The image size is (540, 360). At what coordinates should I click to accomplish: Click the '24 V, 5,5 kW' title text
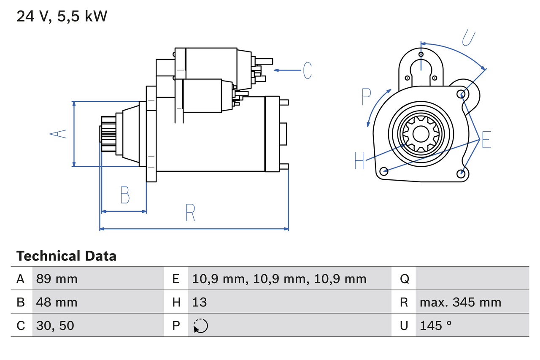[62, 16]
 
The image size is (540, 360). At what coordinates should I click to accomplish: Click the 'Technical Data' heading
[66, 256]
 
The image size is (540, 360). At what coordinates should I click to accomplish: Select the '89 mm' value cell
[57, 279]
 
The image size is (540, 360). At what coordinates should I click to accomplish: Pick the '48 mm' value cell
[57, 302]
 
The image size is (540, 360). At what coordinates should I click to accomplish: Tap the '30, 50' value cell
[55, 325]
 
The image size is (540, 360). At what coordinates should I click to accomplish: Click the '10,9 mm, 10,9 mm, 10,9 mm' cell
[279, 279]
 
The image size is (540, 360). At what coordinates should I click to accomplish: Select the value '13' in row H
[200, 302]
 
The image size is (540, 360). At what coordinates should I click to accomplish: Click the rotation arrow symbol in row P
[200, 326]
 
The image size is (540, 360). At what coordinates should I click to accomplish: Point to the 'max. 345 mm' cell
[460, 302]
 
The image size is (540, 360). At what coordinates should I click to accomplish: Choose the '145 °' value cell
[435, 325]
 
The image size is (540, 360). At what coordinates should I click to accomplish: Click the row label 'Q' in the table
[404, 279]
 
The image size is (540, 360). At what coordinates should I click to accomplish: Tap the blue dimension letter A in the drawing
[58, 134]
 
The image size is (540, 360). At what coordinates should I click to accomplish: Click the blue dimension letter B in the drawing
[125, 195]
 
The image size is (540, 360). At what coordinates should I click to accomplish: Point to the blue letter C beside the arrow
[308, 70]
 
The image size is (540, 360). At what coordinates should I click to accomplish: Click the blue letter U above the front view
[469, 38]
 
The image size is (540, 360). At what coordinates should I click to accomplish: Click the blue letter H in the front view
[359, 160]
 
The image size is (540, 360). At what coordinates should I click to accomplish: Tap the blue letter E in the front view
[486, 140]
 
